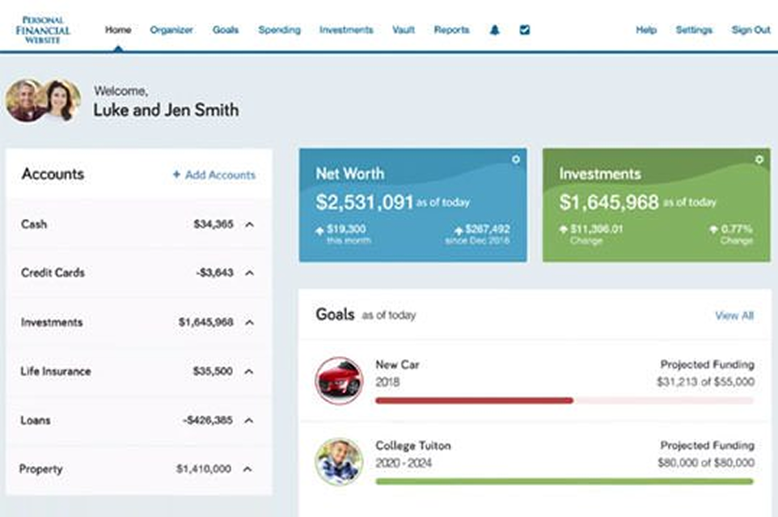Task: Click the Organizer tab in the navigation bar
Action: click(171, 30)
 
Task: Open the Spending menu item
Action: click(279, 30)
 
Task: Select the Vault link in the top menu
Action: click(404, 30)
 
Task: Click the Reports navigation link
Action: click(451, 30)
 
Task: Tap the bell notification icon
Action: click(495, 30)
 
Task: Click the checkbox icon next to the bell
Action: click(524, 30)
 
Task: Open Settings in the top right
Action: click(694, 30)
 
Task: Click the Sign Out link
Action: click(751, 30)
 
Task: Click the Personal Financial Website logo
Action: click(43, 30)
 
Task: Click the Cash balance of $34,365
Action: click(214, 224)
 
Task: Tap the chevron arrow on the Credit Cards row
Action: click(249, 273)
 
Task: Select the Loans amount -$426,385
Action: click(208, 421)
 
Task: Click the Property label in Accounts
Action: click(41, 469)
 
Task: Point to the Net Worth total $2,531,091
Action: click(364, 202)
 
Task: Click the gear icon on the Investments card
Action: click(759, 160)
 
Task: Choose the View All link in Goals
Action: click(734, 316)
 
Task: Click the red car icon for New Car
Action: click(339, 380)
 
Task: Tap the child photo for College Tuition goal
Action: click(339, 461)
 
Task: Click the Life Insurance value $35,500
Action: click(214, 371)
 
